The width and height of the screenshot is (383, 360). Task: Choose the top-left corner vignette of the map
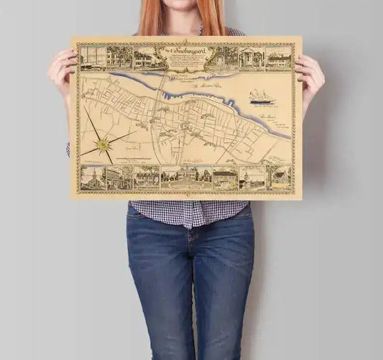pos(91,57)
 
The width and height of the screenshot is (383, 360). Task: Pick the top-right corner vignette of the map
pos(279,57)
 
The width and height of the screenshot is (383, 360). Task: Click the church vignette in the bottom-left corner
pos(93,178)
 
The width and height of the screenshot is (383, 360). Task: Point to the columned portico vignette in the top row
pos(251,57)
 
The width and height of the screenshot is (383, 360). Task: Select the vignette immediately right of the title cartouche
pos(225,57)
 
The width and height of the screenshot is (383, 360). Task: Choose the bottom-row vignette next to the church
pos(119,177)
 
